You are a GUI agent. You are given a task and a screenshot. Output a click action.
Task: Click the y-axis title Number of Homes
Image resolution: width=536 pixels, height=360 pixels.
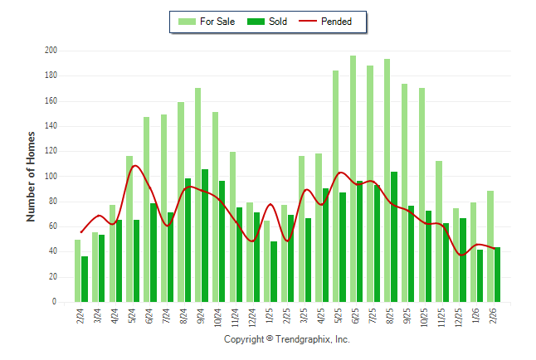pos(32,176)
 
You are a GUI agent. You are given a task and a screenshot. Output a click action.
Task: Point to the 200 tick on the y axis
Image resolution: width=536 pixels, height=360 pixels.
pos(51,51)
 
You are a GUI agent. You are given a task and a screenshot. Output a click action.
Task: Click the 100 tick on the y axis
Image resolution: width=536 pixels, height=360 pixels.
pos(51,177)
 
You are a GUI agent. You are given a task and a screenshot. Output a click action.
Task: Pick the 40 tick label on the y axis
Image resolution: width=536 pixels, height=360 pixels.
pos(52,252)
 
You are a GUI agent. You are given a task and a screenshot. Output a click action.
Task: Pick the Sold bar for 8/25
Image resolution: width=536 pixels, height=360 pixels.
pos(394,236)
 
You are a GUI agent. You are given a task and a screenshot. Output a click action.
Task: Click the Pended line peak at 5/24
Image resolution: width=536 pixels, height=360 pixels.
pos(134,166)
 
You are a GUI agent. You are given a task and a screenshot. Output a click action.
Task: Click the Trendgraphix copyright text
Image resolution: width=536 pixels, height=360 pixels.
pos(287,339)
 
